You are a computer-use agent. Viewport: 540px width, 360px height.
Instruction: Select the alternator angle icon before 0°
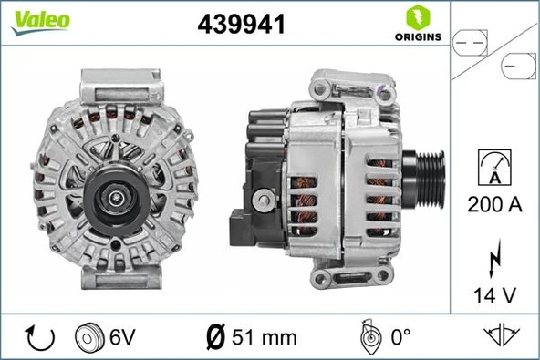click(369, 337)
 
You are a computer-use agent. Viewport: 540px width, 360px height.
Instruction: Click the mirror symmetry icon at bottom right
click(500, 336)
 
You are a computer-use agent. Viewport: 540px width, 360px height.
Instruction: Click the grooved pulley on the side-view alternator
click(425, 182)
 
